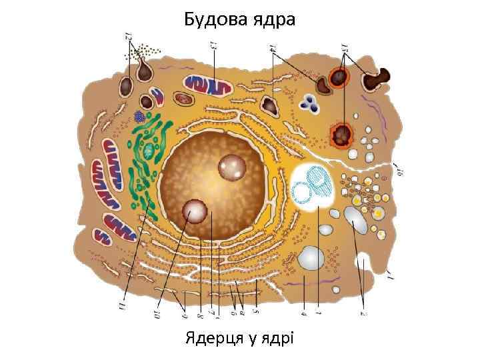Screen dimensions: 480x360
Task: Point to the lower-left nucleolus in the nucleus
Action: tap(195, 211)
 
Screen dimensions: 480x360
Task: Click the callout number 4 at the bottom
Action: tap(303, 308)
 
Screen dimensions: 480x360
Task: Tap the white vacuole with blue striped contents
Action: tap(316, 187)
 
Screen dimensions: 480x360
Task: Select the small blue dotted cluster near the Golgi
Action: tap(140, 117)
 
